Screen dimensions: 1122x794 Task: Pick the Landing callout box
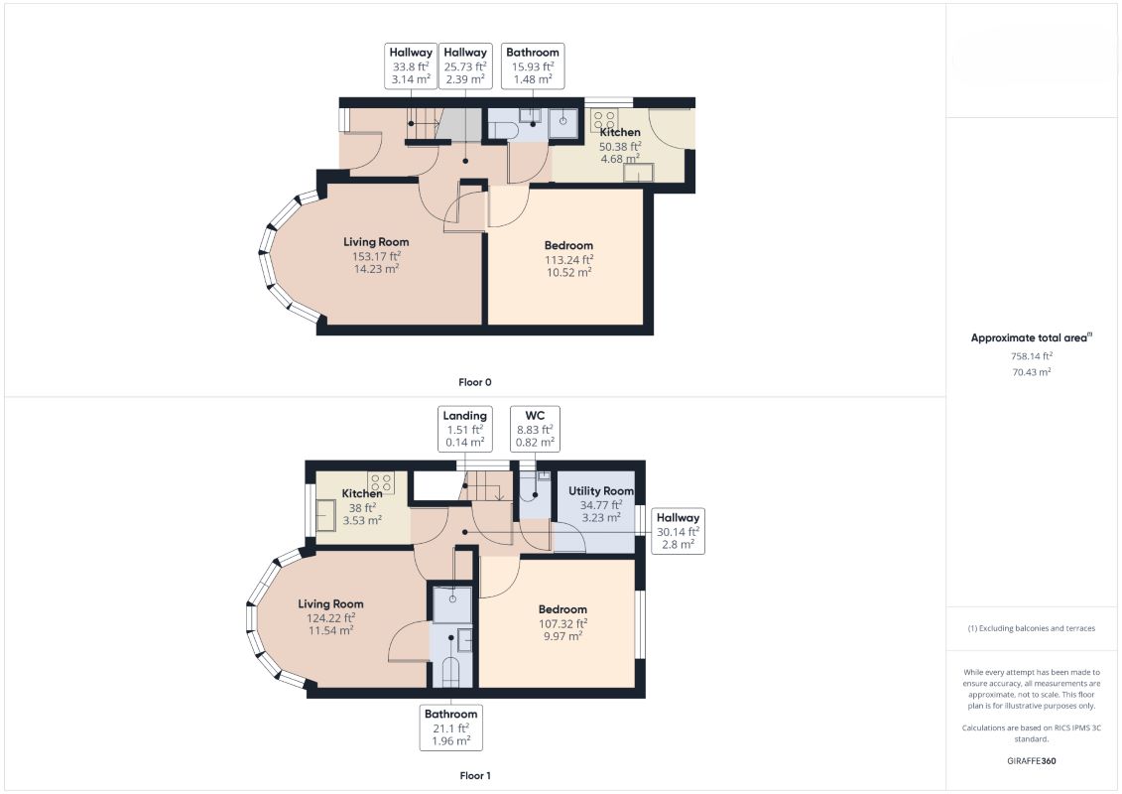pyautogui.click(x=464, y=429)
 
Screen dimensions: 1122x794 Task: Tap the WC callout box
pyautogui.click(x=535, y=429)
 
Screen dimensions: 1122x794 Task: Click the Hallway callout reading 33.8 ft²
pyautogui.click(x=411, y=66)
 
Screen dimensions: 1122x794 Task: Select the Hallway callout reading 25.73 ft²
pyautogui.click(x=465, y=66)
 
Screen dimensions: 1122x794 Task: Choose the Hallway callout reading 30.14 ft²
pyautogui.click(x=678, y=531)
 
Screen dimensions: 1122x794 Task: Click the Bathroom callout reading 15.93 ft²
pyautogui.click(x=533, y=66)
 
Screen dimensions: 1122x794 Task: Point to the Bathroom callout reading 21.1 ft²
pyautogui.click(x=450, y=728)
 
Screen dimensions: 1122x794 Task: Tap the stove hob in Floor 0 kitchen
pyautogui.click(x=604, y=119)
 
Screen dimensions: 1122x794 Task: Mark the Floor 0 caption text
pyautogui.click(x=475, y=382)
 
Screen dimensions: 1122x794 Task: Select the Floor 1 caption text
pyautogui.click(x=475, y=775)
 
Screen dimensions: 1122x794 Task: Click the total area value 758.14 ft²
pyautogui.click(x=1031, y=356)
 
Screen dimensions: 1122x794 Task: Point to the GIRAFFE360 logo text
pyautogui.click(x=1031, y=761)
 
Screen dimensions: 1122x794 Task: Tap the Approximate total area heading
pyautogui.click(x=1031, y=337)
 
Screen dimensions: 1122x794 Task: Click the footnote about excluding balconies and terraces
pyautogui.click(x=1031, y=628)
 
